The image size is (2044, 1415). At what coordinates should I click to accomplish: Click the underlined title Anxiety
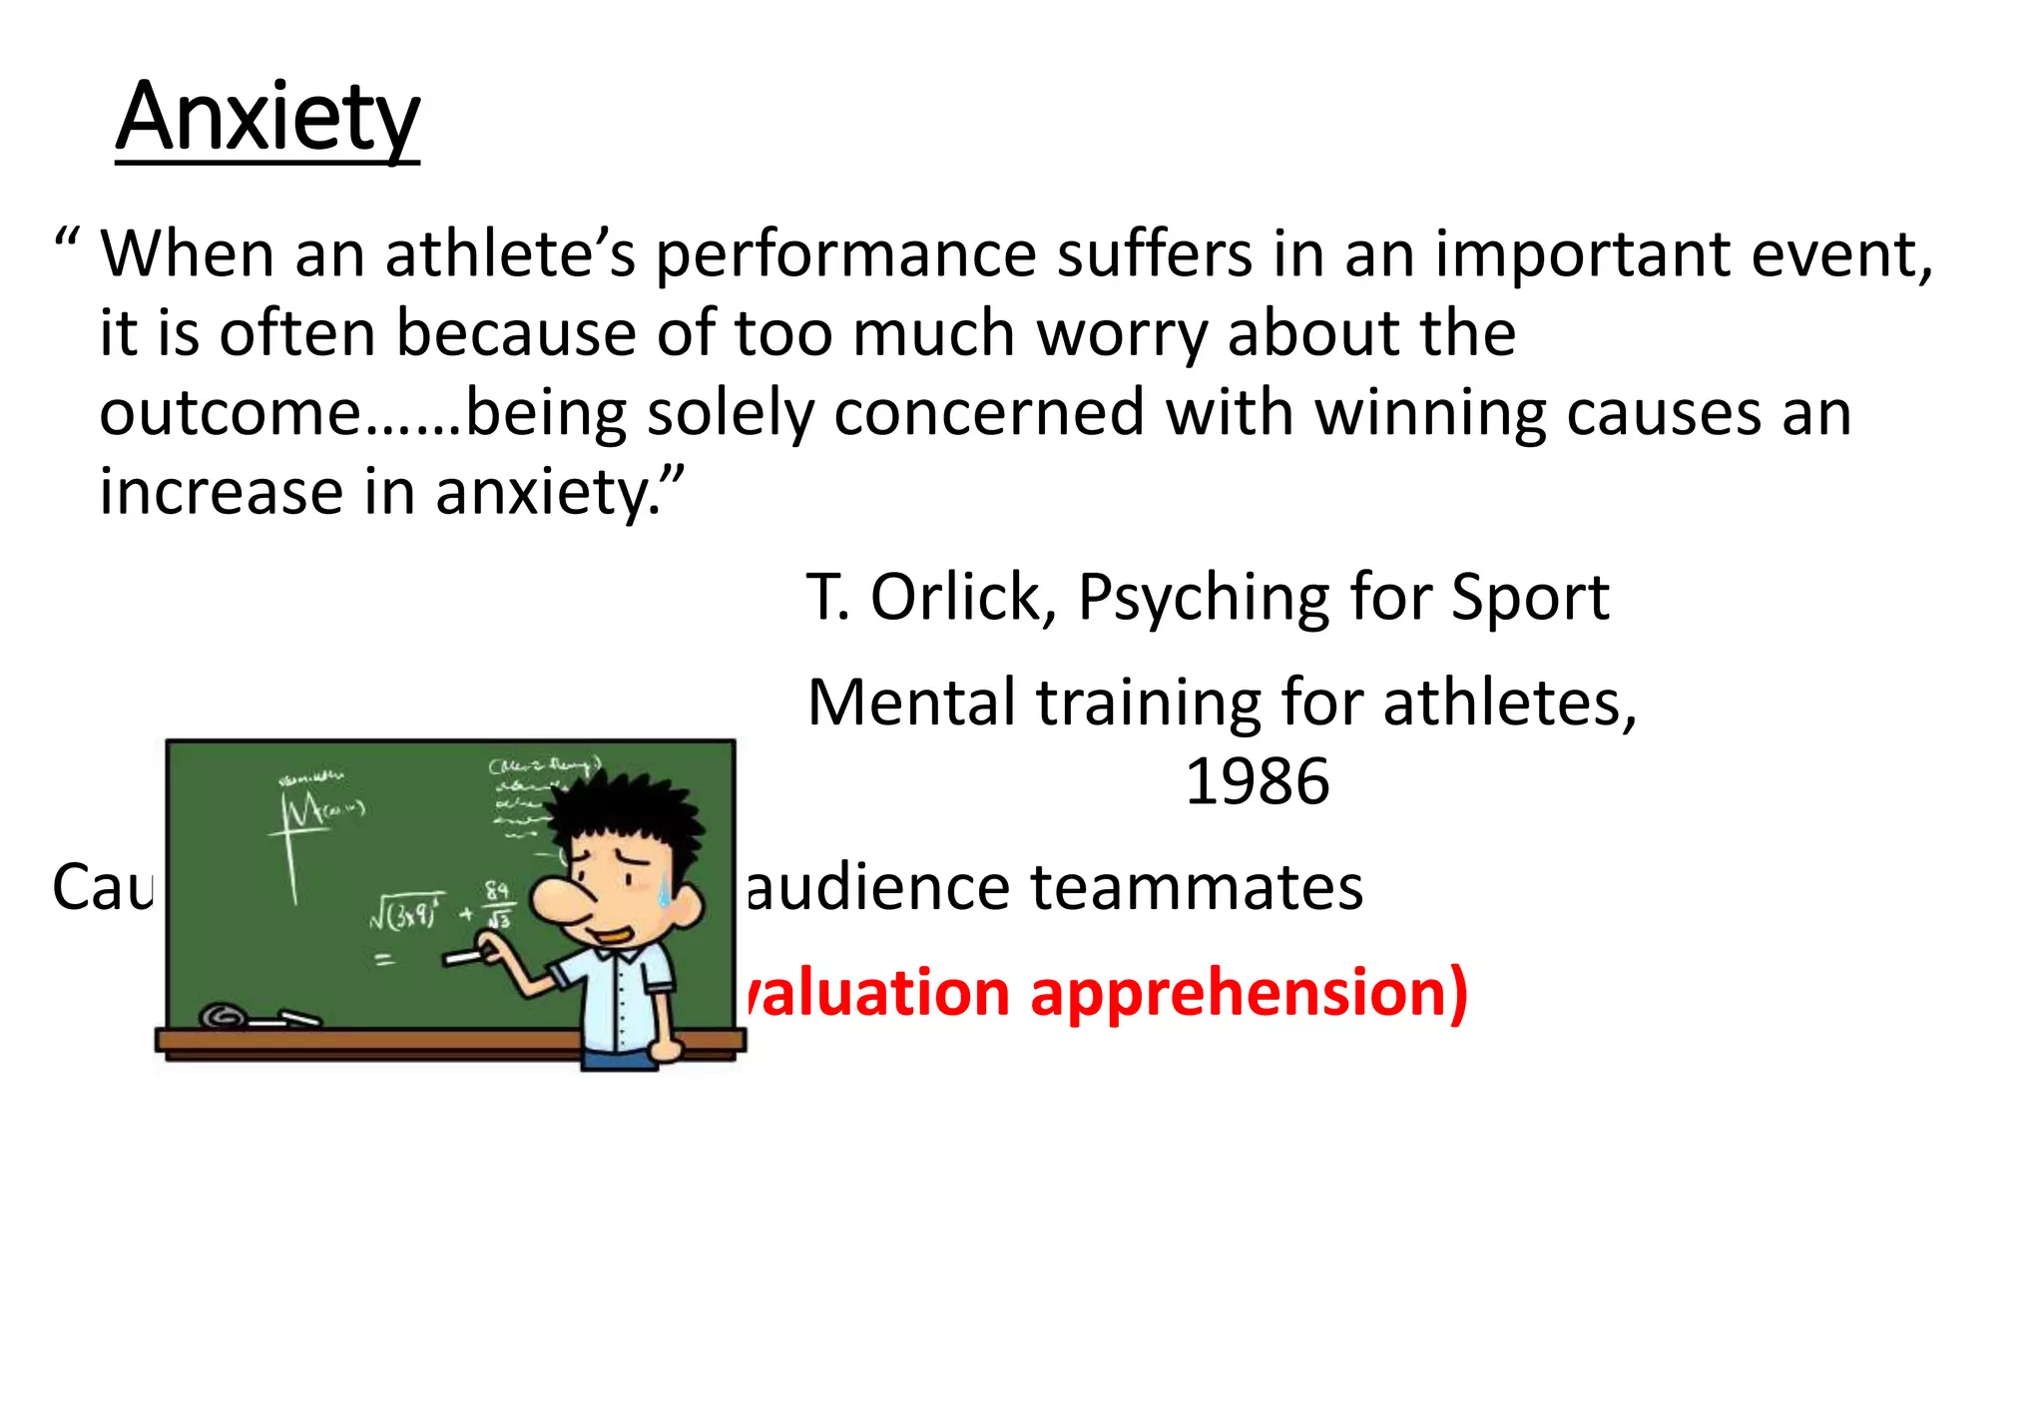(x=267, y=118)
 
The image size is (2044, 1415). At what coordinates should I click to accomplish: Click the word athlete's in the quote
(x=510, y=253)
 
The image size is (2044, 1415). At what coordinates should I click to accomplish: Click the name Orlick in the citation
(x=955, y=598)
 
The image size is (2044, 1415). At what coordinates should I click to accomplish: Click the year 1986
(x=1257, y=781)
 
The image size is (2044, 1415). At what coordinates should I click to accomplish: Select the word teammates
(x=1197, y=887)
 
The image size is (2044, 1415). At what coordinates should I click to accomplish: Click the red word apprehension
(x=1249, y=994)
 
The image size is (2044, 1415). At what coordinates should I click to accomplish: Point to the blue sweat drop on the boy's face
(x=663, y=890)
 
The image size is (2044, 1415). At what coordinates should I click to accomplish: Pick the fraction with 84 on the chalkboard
(x=498, y=904)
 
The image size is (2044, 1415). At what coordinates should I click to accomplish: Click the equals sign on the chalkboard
(x=384, y=960)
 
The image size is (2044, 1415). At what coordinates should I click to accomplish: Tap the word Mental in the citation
(x=911, y=703)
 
